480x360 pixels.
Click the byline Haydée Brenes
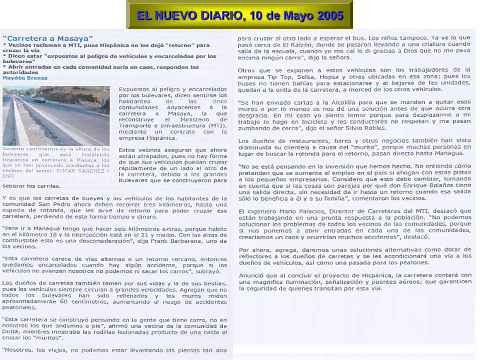click(25, 78)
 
